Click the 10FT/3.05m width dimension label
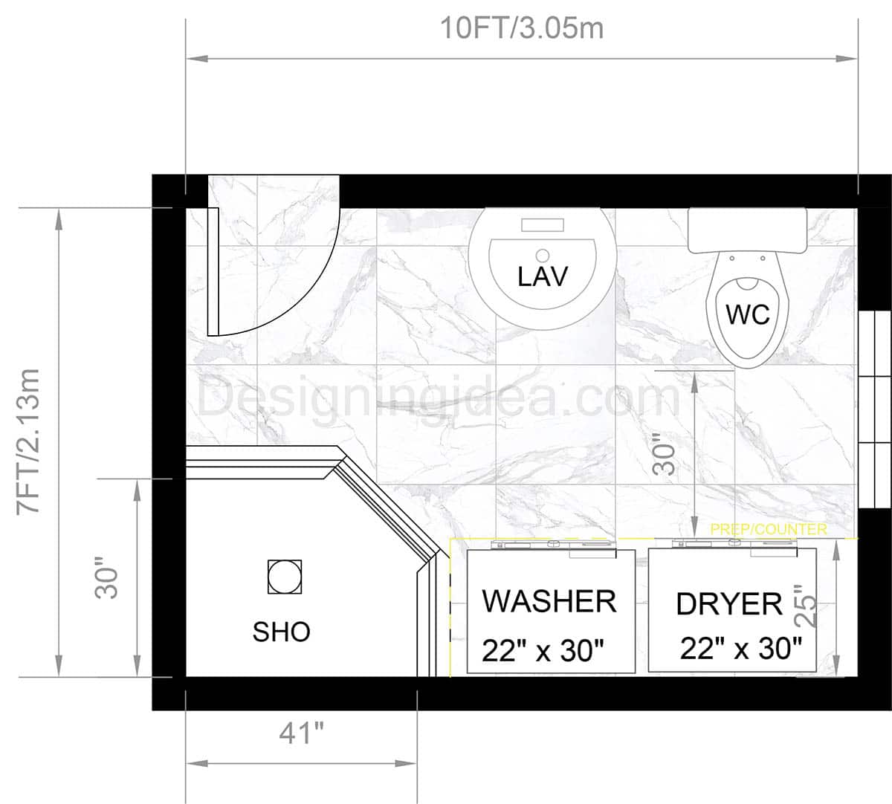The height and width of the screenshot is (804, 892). point(522,28)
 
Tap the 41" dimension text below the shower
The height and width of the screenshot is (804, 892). point(302,734)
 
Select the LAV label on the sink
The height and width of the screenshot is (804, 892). point(542,276)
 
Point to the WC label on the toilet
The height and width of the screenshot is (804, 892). point(747,314)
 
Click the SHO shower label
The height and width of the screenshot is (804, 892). point(281,632)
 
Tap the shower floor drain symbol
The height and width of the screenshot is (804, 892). point(285,577)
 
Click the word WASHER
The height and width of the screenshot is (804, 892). point(549,601)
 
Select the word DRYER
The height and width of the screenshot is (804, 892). point(728,604)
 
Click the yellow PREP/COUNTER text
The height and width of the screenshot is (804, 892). point(769,529)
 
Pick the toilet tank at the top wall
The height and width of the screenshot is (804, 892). point(747,230)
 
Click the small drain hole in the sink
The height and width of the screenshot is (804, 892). point(542,255)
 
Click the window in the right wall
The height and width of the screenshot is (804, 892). point(874,409)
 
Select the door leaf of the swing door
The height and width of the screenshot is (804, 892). point(213,272)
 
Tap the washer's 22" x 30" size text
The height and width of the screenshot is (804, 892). point(542,651)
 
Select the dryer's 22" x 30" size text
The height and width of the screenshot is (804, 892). point(740,649)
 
